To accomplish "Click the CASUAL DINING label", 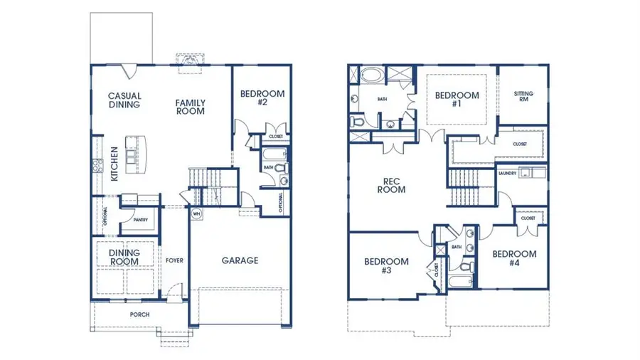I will (x=124, y=100).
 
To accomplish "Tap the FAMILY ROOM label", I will (x=190, y=107).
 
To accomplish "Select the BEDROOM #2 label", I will (x=262, y=97).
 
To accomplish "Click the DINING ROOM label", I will (x=124, y=257).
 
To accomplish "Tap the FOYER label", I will (x=174, y=260).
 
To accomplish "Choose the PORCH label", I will (x=139, y=314).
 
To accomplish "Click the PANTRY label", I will (x=140, y=220).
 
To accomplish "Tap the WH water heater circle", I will (x=196, y=213).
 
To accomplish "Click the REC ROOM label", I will (x=391, y=185).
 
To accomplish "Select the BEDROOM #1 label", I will (x=457, y=100).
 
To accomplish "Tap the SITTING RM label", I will (x=523, y=97).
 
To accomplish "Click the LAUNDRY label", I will (x=507, y=173).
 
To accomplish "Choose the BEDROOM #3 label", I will (x=386, y=265).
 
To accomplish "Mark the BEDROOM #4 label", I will (x=513, y=258).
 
